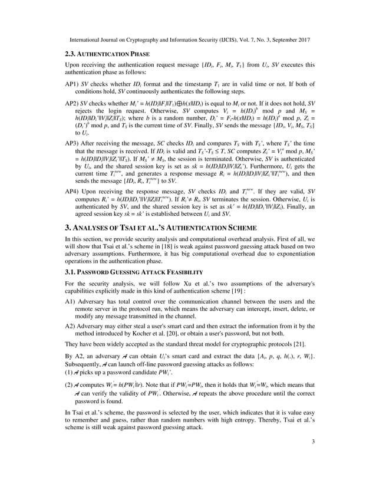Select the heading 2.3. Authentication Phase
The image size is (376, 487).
[107, 54]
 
